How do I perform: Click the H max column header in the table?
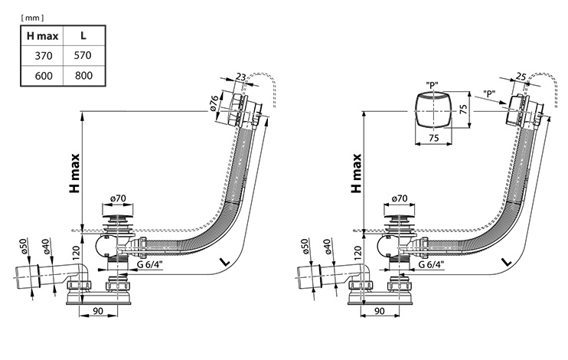(x=42, y=36)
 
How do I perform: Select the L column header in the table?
(x=83, y=35)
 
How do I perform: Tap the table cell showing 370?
(x=44, y=56)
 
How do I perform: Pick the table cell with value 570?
(x=83, y=55)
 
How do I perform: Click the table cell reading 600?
(x=44, y=76)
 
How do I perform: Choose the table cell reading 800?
(x=83, y=75)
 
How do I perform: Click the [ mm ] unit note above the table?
(x=33, y=18)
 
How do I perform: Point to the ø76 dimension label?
(x=214, y=103)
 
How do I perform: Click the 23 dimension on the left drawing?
(x=241, y=77)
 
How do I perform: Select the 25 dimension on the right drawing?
(x=521, y=76)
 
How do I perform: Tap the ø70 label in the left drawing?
(x=118, y=198)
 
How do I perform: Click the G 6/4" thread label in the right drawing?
(x=431, y=264)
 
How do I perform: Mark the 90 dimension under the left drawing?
(x=98, y=311)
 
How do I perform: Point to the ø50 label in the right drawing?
(x=305, y=246)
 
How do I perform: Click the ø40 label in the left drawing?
(x=45, y=246)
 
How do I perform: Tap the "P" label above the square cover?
(x=432, y=85)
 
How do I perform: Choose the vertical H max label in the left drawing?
(x=74, y=173)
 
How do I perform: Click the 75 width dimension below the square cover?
(x=434, y=138)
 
